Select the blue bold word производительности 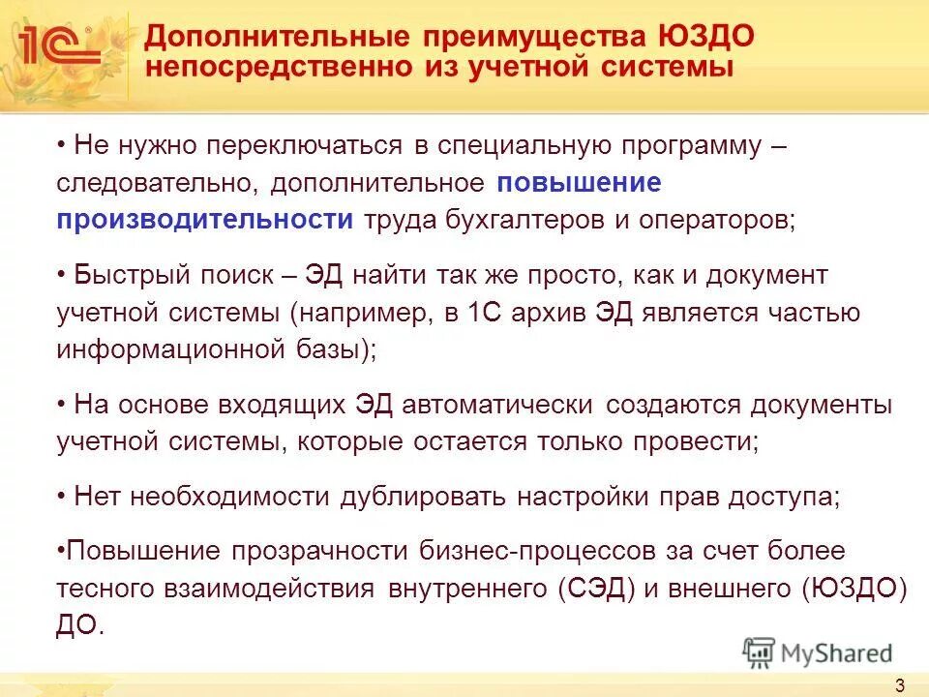(x=205, y=219)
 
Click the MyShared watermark (x=818, y=651)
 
